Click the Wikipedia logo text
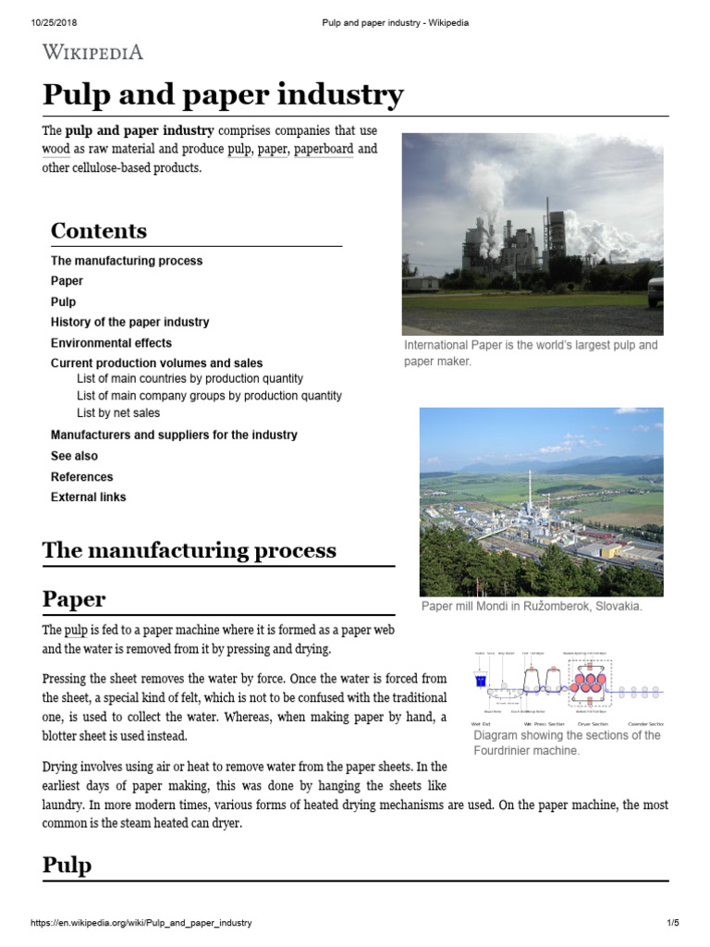[x=92, y=52]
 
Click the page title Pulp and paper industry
[x=223, y=95]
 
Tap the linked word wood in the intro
[x=55, y=149]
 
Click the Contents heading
[x=98, y=230]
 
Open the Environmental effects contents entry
[x=111, y=343]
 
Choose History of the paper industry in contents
[x=129, y=322]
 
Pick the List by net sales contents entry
[x=118, y=412]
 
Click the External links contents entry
[x=89, y=497]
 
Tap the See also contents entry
[x=74, y=456]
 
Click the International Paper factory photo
[x=532, y=233]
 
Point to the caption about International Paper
[x=532, y=352]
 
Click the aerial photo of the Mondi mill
[x=541, y=501]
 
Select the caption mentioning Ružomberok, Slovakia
[x=532, y=607]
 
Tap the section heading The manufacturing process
[x=190, y=551]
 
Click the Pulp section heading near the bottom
[x=67, y=866]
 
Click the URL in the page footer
[x=141, y=923]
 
